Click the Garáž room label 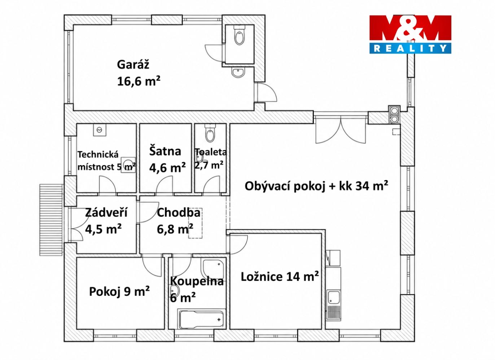click(133, 65)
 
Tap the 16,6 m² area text click(139, 81)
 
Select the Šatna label click(165, 151)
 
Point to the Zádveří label click(106, 212)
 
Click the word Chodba click(179, 212)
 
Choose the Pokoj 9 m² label click(119, 291)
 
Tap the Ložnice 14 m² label click(280, 276)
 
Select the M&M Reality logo click(410, 34)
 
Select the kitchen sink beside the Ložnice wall click(334, 297)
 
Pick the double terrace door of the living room click(341, 130)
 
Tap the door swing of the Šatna click(165, 185)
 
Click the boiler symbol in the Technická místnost click(100, 130)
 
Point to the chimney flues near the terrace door click(394, 114)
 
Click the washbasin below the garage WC click(238, 72)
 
